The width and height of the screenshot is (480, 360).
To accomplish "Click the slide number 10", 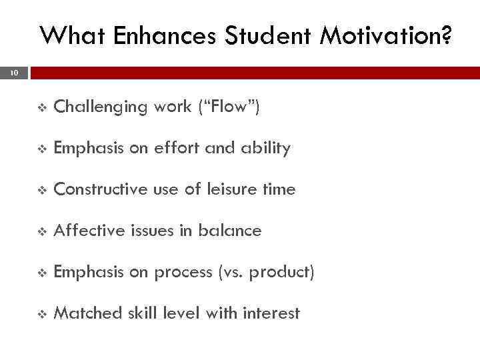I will pyautogui.click(x=14, y=73).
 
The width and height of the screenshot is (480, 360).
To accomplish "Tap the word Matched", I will pyautogui.click(x=85, y=313).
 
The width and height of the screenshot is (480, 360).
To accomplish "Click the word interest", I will pyautogui.click(x=271, y=313).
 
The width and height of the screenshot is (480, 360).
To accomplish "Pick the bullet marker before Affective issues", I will pyautogui.click(x=42, y=231).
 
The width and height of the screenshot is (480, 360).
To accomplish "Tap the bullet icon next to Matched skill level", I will pyautogui.click(x=42, y=314).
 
